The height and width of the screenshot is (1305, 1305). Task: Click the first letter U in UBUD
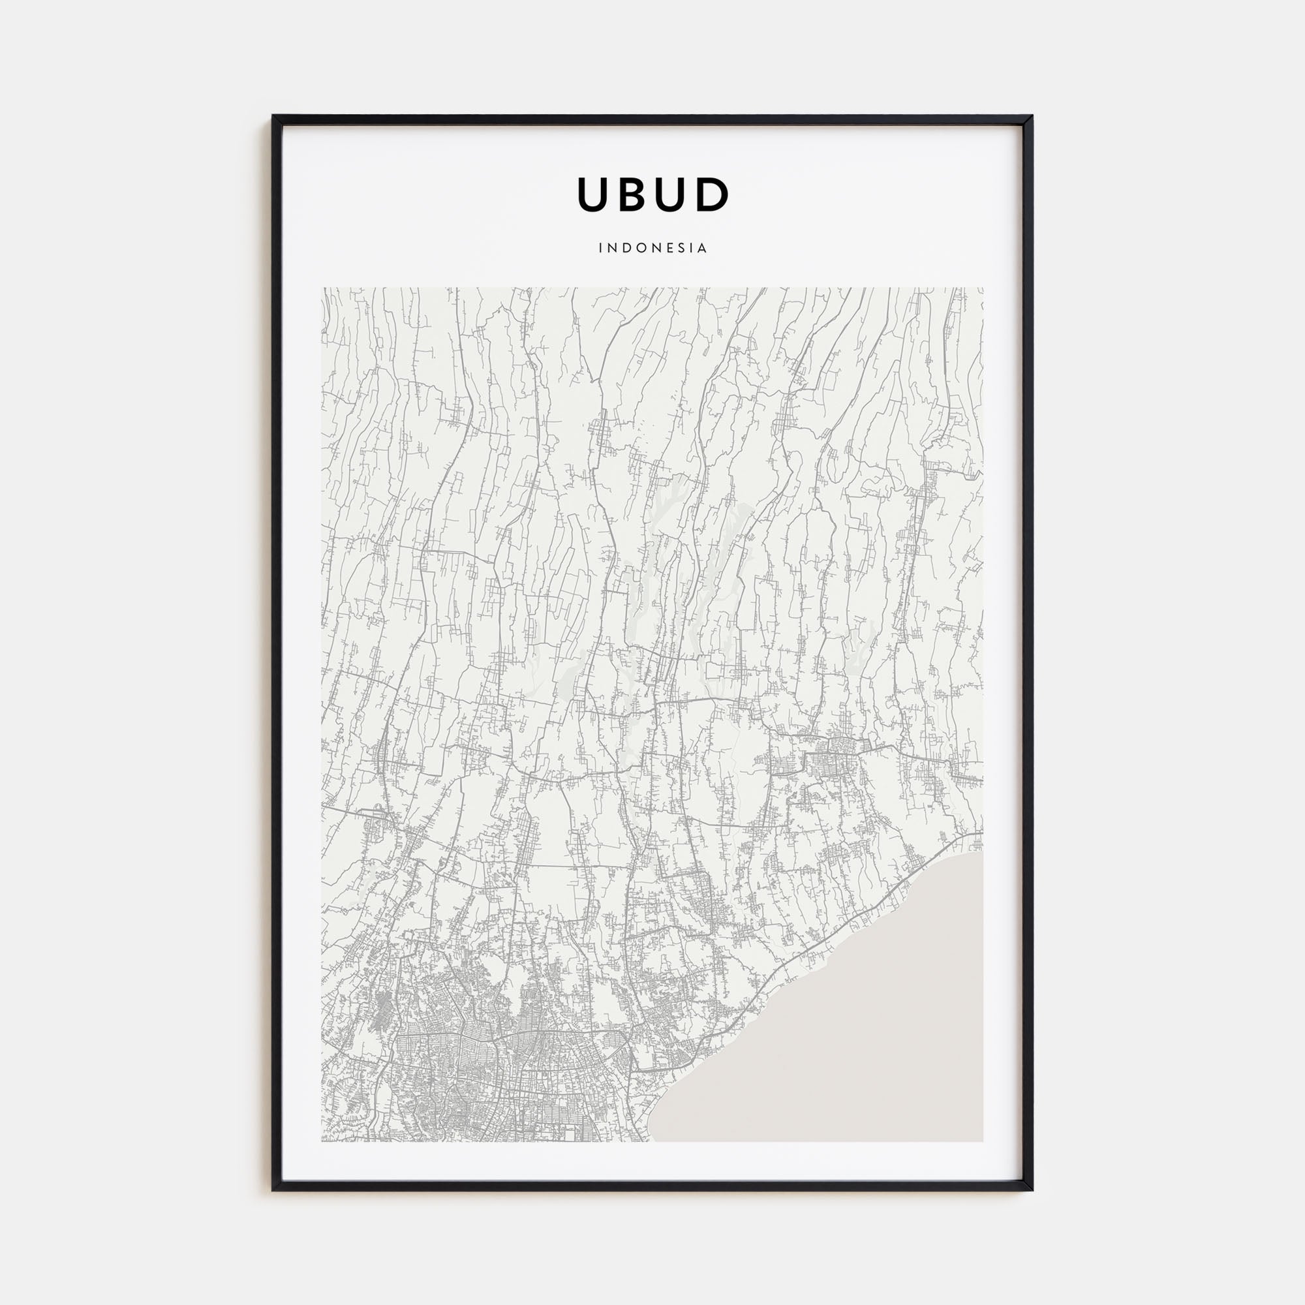[x=595, y=194]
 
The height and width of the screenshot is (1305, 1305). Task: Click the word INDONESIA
[x=652, y=248]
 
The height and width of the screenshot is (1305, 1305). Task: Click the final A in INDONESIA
[x=703, y=248]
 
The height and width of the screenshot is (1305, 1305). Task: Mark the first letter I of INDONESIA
[x=600, y=248]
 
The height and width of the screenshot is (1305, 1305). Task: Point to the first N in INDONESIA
[x=612, y=248]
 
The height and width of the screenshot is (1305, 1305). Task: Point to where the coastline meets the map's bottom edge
[x=652, y=1141]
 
